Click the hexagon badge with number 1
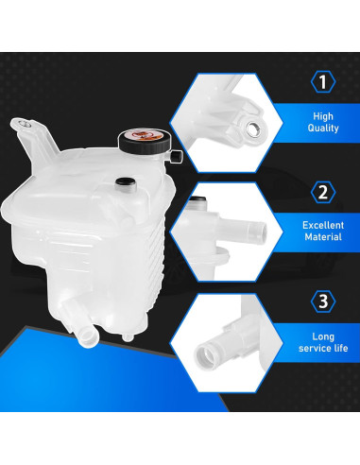(324, 82)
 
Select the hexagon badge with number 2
(324, 193)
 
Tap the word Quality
(324, 128)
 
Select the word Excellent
(323, 225)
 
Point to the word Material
(323, 239)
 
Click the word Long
(323, 336)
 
